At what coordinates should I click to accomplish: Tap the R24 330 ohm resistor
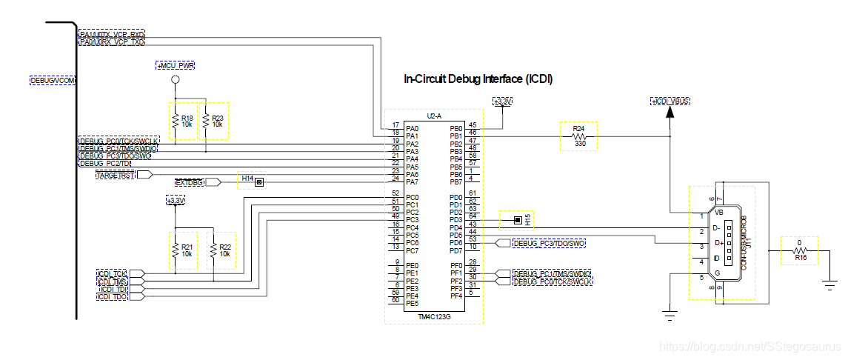[x=578, y=137]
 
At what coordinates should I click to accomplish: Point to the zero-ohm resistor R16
[x=800, y=250]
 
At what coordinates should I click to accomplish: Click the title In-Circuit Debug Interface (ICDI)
[x=478, y=79]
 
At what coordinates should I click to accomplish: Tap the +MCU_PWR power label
[x=176, y=66]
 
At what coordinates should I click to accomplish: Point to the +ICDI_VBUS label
[x=670, y=101]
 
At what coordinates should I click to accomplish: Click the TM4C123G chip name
[x=434, y=316]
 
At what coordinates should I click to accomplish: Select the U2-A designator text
[x=434, y=116]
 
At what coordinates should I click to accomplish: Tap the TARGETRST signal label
[x=116, y=174]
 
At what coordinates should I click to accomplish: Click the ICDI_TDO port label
[x=113, y=297]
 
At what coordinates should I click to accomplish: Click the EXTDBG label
[x=188, y=181]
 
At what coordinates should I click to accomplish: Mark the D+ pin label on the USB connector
[x=717, y=243]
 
